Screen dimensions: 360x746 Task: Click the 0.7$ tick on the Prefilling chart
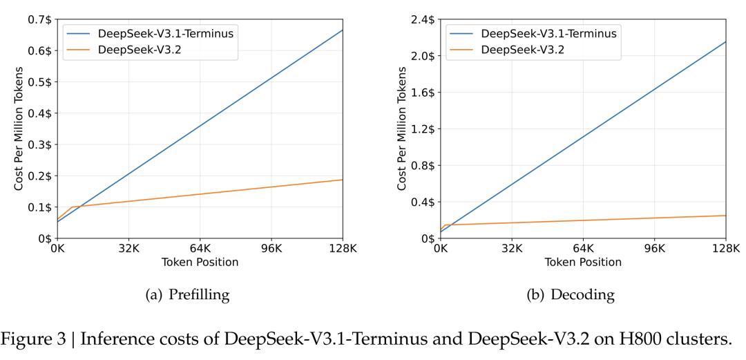coord(40,19)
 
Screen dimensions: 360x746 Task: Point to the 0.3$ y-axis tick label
coord(40,144)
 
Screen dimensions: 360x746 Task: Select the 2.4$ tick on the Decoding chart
coord(423,19)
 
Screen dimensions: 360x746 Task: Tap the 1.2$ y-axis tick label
coord(423,129)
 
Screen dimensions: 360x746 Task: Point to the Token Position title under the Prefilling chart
coord(200,263)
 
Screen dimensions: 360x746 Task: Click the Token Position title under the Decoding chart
coord(582,263)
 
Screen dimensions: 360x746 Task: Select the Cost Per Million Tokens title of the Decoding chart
coord(402,129)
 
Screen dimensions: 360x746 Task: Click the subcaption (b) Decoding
coord(571,295)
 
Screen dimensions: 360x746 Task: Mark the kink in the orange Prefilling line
coord(71,207)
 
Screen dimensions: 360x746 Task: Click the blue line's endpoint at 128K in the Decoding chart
coord(725,41)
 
